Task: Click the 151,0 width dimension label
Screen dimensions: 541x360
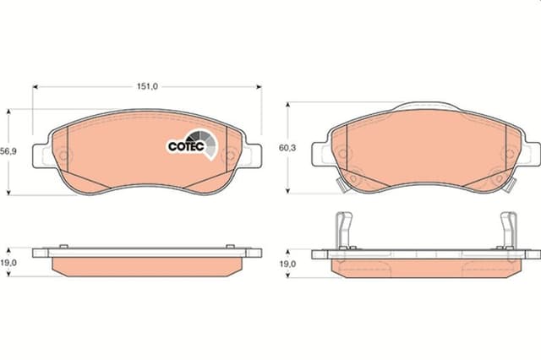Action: (147, 86)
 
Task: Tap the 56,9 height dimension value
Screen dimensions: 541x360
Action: (8, 151)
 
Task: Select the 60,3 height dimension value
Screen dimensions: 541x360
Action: (287, 148)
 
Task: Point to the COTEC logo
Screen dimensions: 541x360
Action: (193, 145)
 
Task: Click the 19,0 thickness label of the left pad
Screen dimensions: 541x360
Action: (8, 263)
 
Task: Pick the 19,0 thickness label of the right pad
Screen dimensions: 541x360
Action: (287, 265)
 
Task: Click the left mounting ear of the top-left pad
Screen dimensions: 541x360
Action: (43, 155)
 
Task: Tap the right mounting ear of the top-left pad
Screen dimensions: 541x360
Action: (252, 155)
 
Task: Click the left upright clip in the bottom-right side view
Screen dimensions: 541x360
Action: (344, 231)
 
